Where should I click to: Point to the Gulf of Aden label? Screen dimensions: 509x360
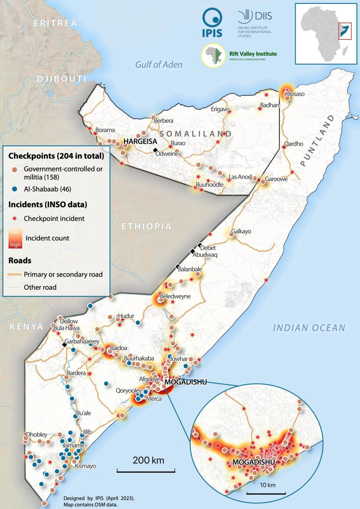(x=159, y=64)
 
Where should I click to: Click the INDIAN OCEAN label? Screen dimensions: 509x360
(x=309, y=327)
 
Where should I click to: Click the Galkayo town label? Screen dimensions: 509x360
(x=241, y=232)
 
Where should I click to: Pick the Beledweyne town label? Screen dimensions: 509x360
(x=175, y=296)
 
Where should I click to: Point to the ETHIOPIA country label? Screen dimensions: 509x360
(x=147, y=227)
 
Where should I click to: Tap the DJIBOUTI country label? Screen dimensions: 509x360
(x=61, y=79)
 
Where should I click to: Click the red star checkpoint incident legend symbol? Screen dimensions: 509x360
(x=14, y=219)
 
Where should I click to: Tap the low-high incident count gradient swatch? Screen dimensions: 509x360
(x=15, y=238)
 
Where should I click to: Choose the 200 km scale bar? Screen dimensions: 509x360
(x=146, y=470)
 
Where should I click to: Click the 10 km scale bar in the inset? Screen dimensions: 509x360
(x=266, y=493)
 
